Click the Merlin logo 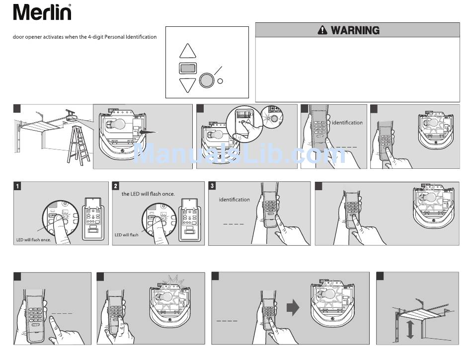click(42, 12)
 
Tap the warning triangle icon click(323, 30)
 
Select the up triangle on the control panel click(188, 51)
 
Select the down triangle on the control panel click(188, 84)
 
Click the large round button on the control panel click(206, 80)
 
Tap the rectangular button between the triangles click(188, 68)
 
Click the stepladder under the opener click(79, 146)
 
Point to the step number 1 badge click(17, 186)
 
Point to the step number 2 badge click(116, 186)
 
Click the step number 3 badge click(212, 186)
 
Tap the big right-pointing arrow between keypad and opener click(293, 308)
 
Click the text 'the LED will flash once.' click(148, 194)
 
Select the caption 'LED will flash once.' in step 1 click(33, 240)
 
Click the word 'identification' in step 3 click(235, 200)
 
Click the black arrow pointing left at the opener click(148, 133)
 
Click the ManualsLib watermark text click(238, 154)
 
